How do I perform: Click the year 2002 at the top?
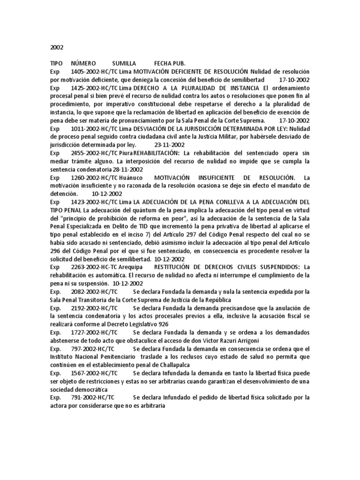click(56, 47)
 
